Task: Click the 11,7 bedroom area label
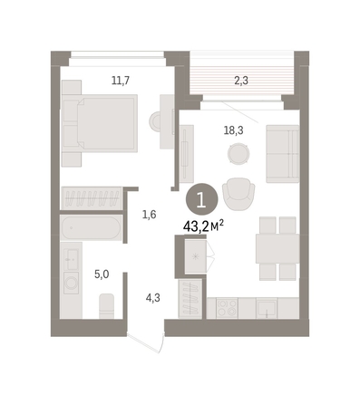(x=121, y=81)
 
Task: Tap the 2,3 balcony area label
(x=241, y=81)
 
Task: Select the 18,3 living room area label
(x=233, y=130)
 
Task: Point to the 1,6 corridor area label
(x=150, y=215)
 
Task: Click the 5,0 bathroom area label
(x=102, y=274)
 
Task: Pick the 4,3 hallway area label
(x=153, y=298)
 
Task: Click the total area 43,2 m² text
(x=203, y=226)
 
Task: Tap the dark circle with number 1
(x=201, y=199)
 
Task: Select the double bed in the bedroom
(x=100, y=123)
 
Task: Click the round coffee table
(x=238, y=154)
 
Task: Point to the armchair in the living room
(x=238, y=194)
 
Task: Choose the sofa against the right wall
(x=283, y=154)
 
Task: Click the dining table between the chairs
(x=277, y=248)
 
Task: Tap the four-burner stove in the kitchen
(x=227, y=308)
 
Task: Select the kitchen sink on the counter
(x=267, y=308)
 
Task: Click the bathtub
(x=91, y=227)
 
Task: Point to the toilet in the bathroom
(x=107, y=306)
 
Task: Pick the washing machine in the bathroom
(x=72, y=283)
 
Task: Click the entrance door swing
(x=147, y=342)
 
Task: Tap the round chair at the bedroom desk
(x=156, y=121)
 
